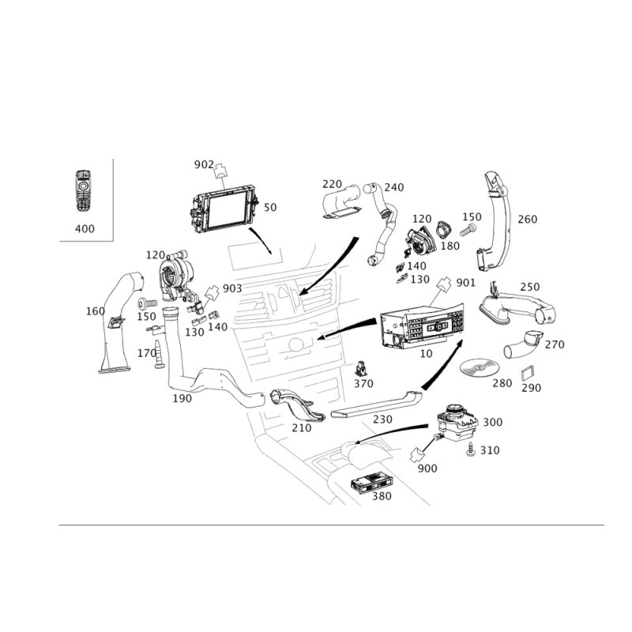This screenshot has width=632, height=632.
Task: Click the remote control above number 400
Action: [83, 190]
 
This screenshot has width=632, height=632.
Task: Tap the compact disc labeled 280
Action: [480, 367]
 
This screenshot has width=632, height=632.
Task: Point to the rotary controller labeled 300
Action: [457, 423]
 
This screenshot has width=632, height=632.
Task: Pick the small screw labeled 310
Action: [470, 449]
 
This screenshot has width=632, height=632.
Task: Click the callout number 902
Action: [204, 164]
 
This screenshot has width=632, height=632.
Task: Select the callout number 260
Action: [527, 220]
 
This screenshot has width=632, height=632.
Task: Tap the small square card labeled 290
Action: [528, 373]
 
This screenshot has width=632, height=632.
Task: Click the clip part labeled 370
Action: [361, 369]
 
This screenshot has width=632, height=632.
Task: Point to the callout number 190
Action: [182, 398]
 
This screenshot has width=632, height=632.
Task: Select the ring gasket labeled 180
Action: [443, 229]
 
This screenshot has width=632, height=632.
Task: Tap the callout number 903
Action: [232, 288]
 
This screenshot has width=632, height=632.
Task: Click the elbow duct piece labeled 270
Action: [522, 344]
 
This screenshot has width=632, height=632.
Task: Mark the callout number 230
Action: [382, 419]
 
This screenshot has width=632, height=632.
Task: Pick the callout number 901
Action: [465, 283]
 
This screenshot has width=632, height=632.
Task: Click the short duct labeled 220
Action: [341, 201]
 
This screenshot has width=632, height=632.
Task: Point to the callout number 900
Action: [427, 468]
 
